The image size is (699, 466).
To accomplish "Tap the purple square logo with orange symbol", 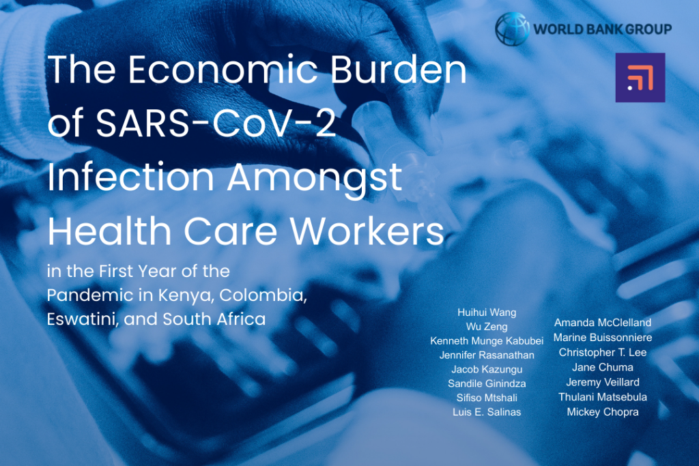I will (640, 77).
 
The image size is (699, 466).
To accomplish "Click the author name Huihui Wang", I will (487, 312).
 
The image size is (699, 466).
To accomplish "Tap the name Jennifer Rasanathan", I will (487, 355).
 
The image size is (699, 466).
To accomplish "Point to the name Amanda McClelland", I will (602, 323).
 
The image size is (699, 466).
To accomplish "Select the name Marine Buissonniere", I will (602, 338).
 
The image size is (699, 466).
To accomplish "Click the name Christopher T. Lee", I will (602, 353).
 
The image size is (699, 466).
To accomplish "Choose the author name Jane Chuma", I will (602, 367).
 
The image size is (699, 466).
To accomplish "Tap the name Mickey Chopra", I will (602, 411).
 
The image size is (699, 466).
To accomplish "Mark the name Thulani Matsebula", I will (602, 396).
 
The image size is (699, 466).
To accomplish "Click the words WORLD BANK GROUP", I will (602, 29).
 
